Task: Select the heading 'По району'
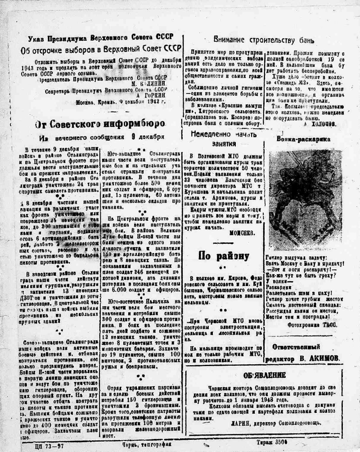coord(224,255)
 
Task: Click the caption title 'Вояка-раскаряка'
coord(303,139)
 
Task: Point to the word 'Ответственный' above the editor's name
coord(296,347)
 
